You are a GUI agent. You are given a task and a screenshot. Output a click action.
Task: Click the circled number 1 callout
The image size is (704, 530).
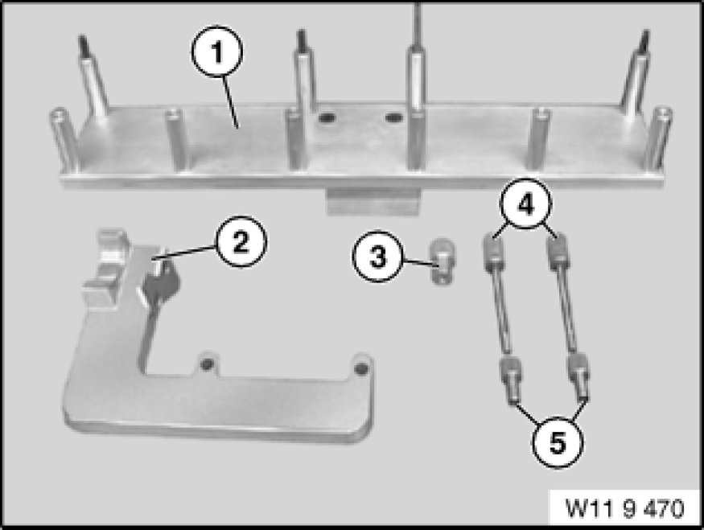[x=217, y=51]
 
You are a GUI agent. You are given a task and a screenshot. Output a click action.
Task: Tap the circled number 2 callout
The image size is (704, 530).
[x=241, y=242]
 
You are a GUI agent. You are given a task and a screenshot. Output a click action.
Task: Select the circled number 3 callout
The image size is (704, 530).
[x=378, y=257]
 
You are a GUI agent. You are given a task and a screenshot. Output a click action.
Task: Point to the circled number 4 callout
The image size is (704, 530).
[x=526, y=204]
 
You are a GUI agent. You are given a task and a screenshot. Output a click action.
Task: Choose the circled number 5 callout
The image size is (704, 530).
[x=558, y=443]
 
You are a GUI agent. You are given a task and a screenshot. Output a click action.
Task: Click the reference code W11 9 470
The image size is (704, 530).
[x=625, y=508]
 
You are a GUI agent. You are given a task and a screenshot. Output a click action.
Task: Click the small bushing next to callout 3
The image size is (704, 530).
[x=442, y=261]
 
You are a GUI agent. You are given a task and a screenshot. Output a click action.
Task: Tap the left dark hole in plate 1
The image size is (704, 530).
[x=327, y=118]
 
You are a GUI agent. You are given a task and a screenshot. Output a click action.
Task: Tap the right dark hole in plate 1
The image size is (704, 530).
[x=393, y=118]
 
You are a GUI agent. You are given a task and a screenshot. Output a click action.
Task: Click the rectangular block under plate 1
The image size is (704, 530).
[x=373, y=200]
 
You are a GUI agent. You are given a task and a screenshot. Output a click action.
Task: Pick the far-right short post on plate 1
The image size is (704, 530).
[x=658, y=138]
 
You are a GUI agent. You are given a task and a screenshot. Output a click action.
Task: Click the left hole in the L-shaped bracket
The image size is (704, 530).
[x=207, y=364]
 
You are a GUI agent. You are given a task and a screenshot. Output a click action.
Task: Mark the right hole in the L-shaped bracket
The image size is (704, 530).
[x=361, y=369]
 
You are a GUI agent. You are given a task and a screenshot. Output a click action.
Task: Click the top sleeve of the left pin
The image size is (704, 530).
[x=494, y=253]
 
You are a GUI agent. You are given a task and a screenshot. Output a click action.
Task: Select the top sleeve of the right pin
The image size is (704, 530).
[x=558, y=253]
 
